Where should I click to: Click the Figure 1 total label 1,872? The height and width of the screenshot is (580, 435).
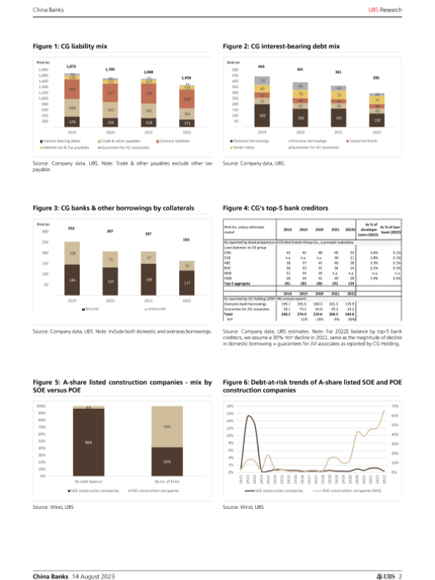click(72, 65)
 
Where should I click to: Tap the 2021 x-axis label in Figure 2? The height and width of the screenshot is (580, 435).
click(338, 132)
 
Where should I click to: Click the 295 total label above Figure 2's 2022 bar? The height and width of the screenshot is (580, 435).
click(377, 78)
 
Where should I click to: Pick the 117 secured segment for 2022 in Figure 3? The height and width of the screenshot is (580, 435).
click(188, 282)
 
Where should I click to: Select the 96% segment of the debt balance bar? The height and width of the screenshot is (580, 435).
click(87, 442)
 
